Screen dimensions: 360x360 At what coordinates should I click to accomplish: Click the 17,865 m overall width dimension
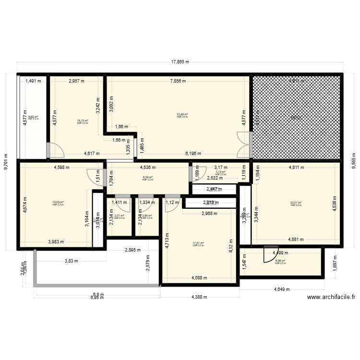pos(180,62)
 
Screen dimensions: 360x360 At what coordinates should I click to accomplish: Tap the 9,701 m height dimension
pos(6,162)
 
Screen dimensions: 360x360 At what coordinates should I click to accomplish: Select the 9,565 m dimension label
pos(354,162)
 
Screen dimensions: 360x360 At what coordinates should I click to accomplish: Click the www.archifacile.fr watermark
pos(331,297)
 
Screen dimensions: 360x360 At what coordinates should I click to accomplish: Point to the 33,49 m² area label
pos(182,115)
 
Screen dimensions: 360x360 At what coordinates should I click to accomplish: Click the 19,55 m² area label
pos(58,203)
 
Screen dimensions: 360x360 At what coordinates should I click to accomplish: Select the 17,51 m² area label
pos(198,244)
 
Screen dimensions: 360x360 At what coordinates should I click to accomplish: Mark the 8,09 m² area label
pos(147,178)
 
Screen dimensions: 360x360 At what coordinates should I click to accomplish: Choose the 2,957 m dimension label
pos(77,81)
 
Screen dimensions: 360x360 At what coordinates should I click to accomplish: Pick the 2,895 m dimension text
pos(133,250)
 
